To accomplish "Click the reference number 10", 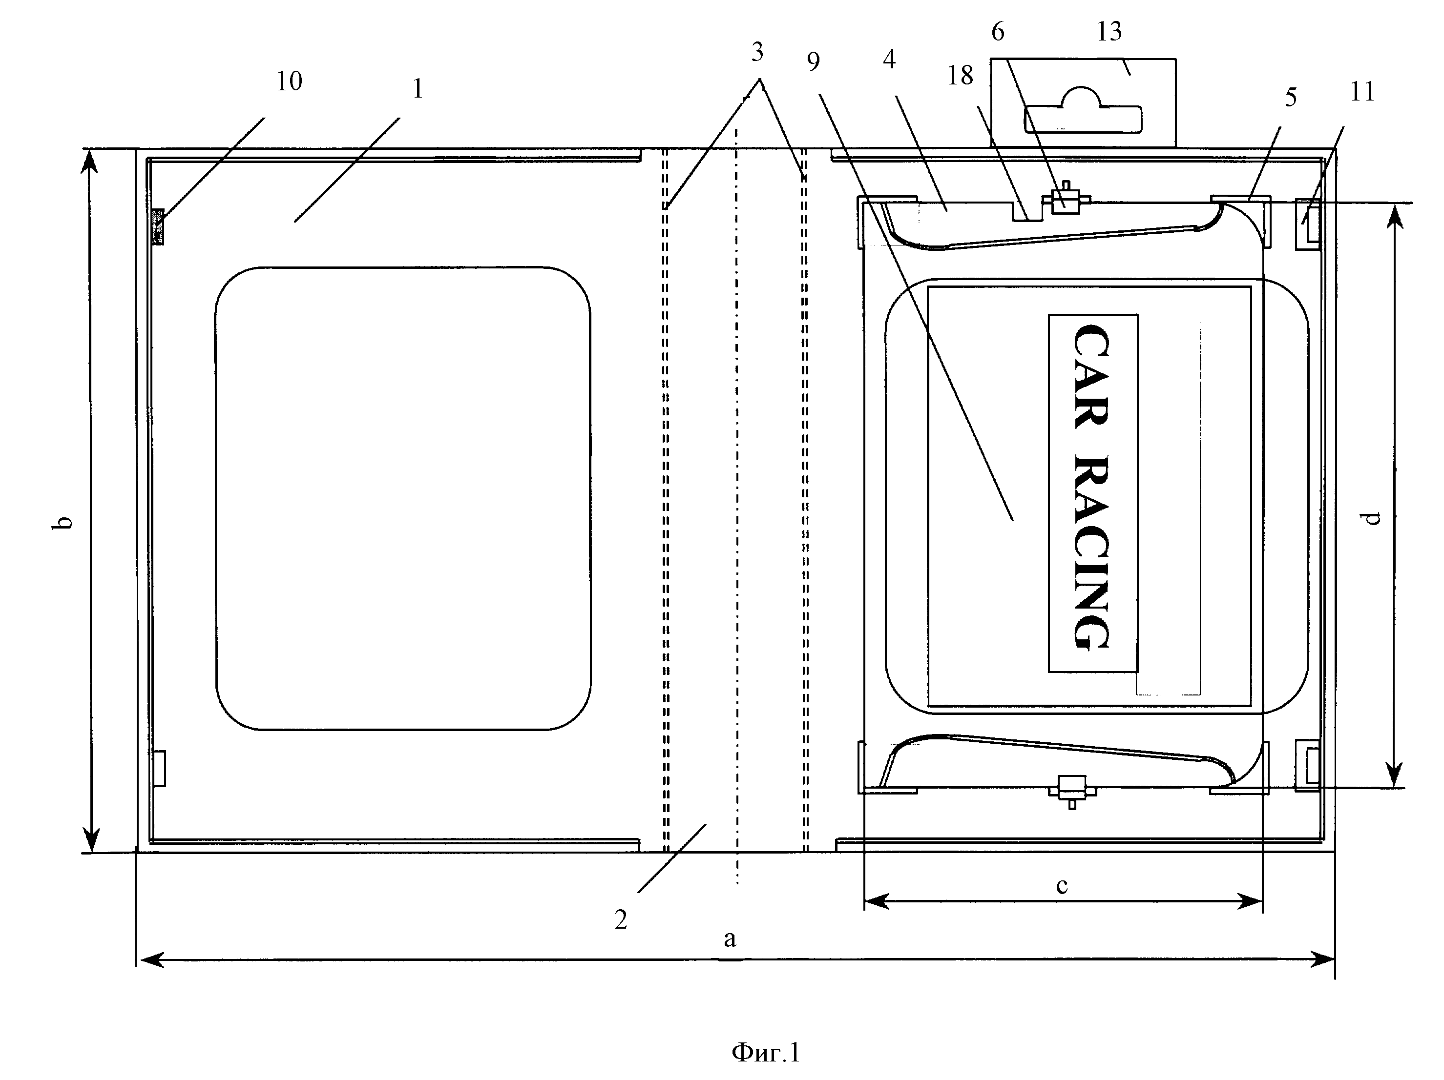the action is pyautogui.click(x=289, y=82).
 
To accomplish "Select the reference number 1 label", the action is pyautogui.click(x=418, y=89).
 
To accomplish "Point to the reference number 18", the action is pyautogui.click(x=960, y=76).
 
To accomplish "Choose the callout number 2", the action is pyautogui.click(x=621, y=919).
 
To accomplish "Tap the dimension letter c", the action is pyautogui.click(x=1062, y=886).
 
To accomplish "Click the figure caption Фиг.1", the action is pyautogui.click(x=766, y=1053).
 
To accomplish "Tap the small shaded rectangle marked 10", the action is pyautogui.click(x=157, y=226).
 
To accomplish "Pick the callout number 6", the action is pyautogui.click(x=998, y=31).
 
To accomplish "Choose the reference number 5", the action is pyautogui.click(x=1291, y=97).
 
